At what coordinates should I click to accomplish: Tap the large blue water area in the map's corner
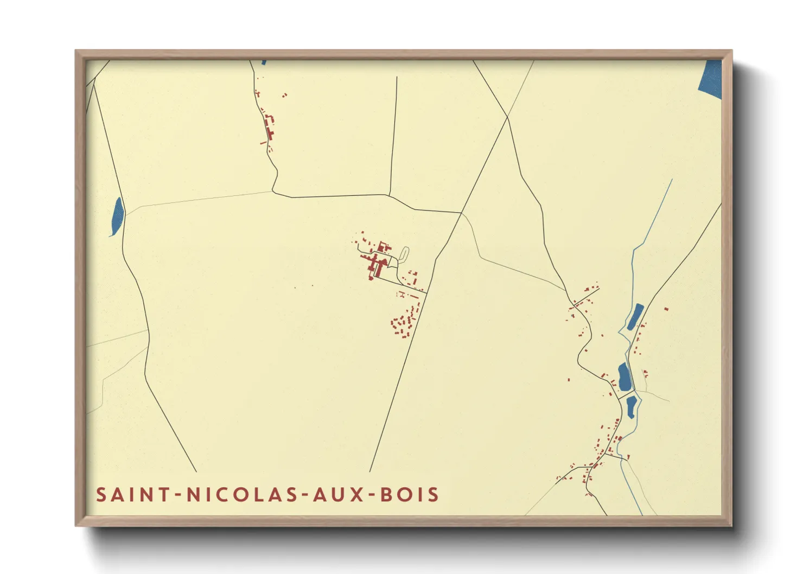point(710,78)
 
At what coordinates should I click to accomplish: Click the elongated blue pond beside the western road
point(117,216)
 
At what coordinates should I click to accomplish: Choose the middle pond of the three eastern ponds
point(624,377)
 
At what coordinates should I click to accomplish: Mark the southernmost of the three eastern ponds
point(631,407)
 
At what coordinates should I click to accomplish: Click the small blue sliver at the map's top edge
point(264,62)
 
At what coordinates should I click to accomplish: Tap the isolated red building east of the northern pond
point(666,309)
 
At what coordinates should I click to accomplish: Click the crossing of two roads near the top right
point(507,117)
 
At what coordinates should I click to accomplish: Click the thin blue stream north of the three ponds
point(651,222)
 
